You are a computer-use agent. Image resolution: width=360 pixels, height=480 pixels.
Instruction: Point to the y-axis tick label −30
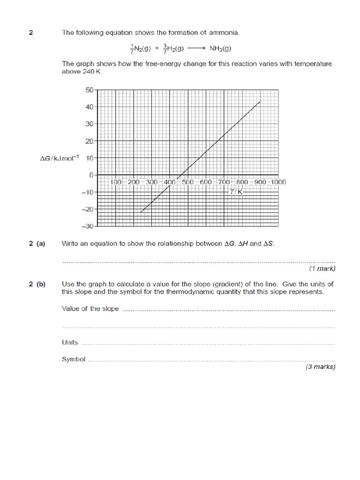87,226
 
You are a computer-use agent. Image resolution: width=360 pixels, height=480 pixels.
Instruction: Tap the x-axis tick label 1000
277,182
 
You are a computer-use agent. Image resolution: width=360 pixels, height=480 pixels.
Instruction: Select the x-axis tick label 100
116,182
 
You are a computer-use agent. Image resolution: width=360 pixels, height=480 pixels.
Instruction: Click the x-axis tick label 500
188,182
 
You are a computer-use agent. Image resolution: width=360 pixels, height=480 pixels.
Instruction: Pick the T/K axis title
236,192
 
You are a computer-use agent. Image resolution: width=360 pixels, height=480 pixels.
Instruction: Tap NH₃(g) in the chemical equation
220,48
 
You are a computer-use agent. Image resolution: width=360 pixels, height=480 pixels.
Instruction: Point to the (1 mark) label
322,269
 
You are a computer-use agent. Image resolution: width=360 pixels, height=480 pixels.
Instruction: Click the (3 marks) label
321,367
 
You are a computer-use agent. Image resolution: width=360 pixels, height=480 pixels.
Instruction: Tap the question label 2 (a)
37,244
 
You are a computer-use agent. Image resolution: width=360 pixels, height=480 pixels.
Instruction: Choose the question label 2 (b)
37,284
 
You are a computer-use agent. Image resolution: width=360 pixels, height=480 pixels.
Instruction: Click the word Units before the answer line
70,342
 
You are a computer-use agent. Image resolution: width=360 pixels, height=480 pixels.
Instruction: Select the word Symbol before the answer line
74,360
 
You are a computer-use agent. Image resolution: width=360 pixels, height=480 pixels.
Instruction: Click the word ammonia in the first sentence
224,33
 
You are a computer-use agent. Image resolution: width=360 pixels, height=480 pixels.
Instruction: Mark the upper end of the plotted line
260,101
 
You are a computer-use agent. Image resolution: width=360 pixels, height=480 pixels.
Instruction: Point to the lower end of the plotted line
141,212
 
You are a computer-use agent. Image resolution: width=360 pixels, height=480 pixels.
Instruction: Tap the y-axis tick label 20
89,141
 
